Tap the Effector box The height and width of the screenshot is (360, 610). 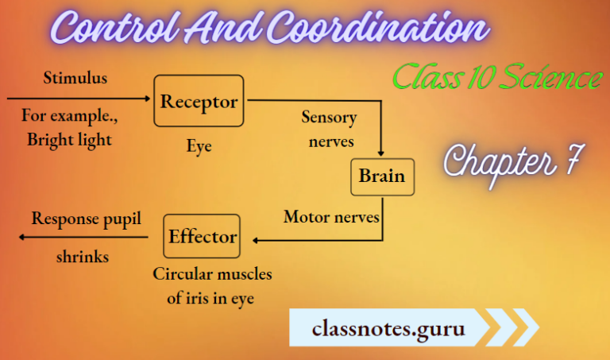[202, 236]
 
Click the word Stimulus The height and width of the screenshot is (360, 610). [75, 79]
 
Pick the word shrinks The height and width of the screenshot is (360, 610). [83, 257]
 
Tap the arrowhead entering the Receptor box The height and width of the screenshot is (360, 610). [146, 99]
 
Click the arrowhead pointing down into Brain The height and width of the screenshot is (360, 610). [382, 153]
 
